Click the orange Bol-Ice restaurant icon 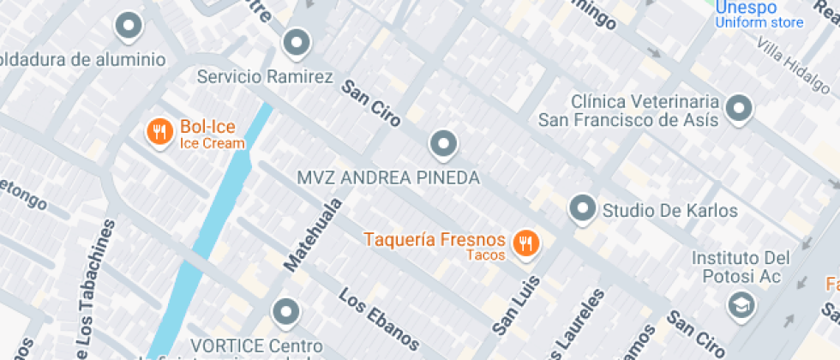coord(159,132)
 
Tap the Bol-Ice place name coord(207,129)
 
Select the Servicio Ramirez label coord(265,77)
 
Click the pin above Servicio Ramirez coord(296,41)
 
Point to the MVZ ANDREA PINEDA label coord(387,177)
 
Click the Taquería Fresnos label coord(435,240)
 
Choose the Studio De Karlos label coord(670,210)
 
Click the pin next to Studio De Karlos coord(583,208)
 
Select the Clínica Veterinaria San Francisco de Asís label coord(628,111)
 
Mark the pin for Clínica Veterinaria coord(738,109)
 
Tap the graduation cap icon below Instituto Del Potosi coord(738,305)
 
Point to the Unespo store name coord(746,8)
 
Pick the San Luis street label coord(517,304)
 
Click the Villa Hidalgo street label coord(793,68)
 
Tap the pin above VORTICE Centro coord(285,313)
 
